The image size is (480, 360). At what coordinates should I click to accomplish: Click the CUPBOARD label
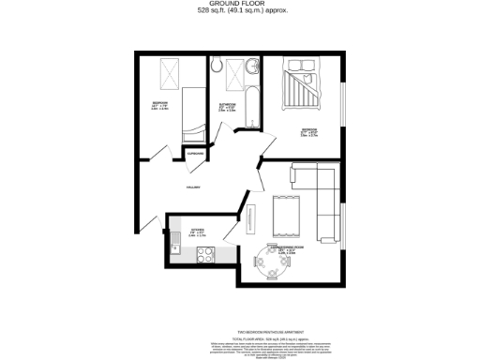point(196,154)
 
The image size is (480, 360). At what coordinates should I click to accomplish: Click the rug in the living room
point(284,216)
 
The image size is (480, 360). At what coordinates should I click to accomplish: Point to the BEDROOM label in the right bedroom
point(308,128)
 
